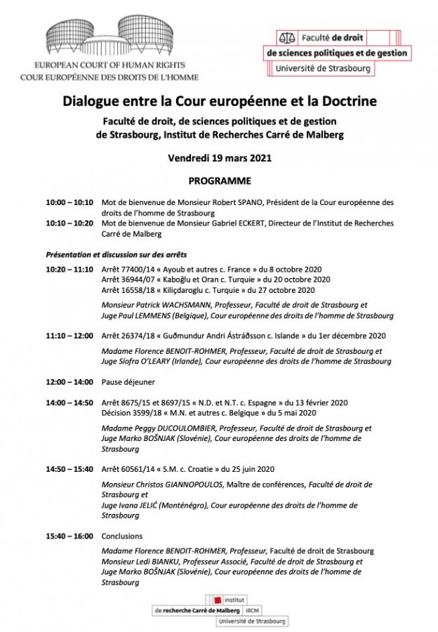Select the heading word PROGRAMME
pos(218,180)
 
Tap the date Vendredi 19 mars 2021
pos(218,158)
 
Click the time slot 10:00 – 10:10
pos(69,202)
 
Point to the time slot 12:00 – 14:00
pos(69,382)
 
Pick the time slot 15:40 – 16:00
pos(69,536)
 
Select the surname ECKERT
pos(228,223)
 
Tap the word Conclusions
pos(122,536)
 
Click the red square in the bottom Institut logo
pos(218,599)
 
